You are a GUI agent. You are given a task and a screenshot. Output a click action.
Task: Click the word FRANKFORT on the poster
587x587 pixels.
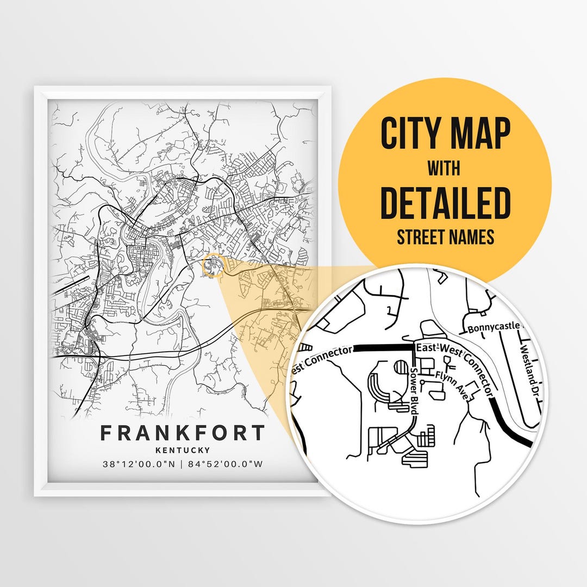pos(182,433)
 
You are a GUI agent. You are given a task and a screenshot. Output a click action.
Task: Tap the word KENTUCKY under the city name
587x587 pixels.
pos(182,450)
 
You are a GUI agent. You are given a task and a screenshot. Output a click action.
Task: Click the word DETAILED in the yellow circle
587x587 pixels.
pos(445,203)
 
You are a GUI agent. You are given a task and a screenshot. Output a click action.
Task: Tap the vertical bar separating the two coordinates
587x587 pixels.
pos(182,464)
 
